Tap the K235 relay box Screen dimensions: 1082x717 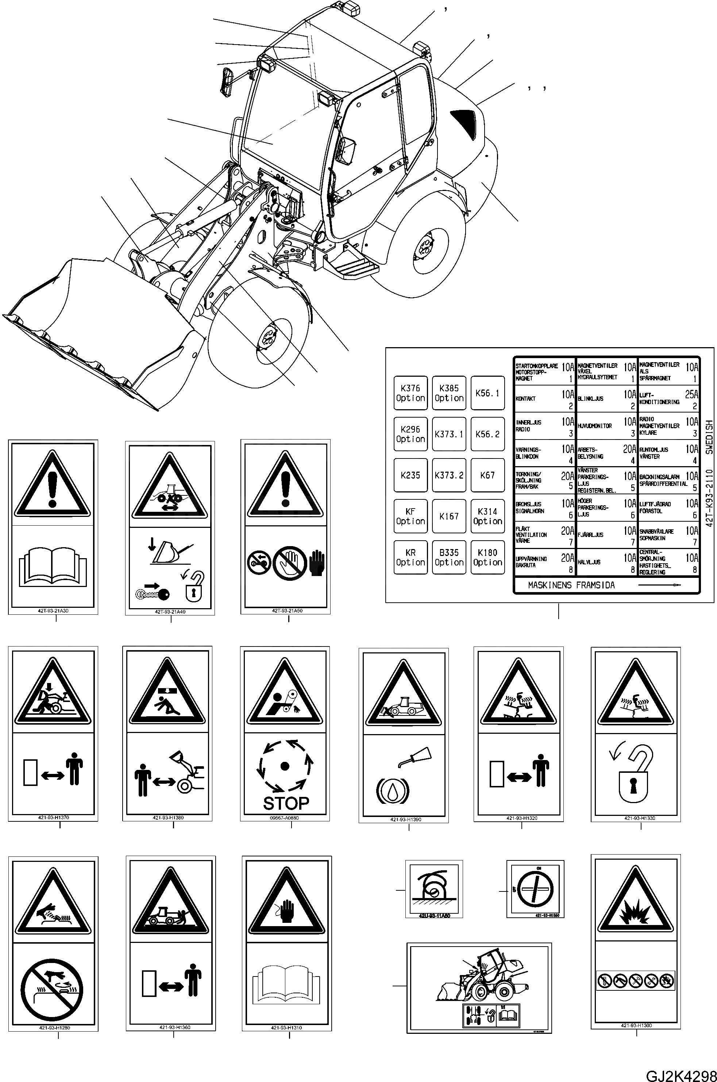(410, 475)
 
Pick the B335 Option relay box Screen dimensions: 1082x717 (449, 557)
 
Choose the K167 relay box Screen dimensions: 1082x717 (449, 517)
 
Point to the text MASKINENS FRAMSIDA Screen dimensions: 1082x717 (571, 585)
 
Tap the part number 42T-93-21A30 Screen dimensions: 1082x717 (54, 611)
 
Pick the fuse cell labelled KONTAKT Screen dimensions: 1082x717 (544, 399)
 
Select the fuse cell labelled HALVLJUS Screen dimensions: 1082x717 (606, 562)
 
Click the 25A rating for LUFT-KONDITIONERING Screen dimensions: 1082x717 (691, 394)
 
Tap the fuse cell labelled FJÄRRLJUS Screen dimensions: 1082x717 (606, 535)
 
